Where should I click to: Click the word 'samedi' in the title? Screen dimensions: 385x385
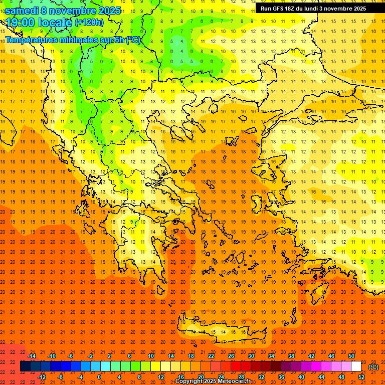(22, 11)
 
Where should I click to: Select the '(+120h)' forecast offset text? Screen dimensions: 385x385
(89, 23)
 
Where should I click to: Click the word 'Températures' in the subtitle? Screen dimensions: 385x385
(31, 40)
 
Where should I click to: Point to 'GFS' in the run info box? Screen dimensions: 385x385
(281, 9)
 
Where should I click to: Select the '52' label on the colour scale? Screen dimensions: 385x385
(361, 377)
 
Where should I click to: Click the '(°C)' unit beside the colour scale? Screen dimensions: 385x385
(373, 367)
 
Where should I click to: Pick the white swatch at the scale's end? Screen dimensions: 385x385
(356, 366)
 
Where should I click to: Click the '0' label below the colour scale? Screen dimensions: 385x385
(99, 377)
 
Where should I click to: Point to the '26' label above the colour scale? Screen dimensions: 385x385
(231, 356)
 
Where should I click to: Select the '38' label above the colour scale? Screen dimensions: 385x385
(291, 356)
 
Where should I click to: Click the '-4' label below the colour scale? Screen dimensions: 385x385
(79, 377)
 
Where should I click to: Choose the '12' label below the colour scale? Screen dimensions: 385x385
(161, 377)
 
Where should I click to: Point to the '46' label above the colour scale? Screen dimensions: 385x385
(331, 356)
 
